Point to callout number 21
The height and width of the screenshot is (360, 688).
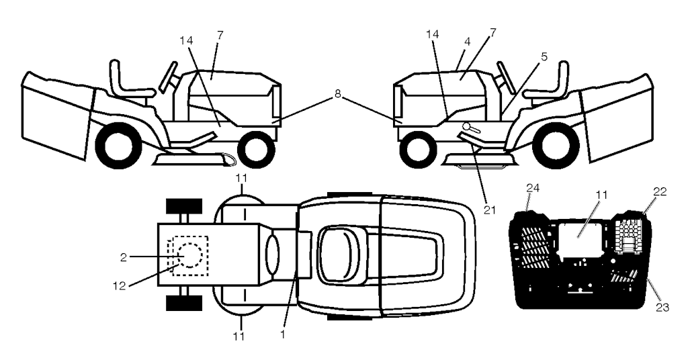489,210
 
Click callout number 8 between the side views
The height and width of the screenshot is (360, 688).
338,96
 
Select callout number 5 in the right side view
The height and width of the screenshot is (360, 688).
544,56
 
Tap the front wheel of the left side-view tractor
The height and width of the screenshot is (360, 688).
256,149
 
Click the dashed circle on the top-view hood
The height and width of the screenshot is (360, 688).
189,256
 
